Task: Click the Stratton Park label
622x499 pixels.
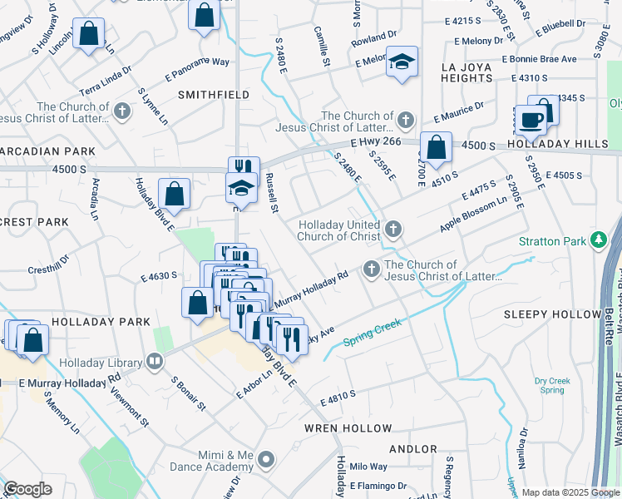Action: (552, 241)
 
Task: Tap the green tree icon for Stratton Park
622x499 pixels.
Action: (597, 241)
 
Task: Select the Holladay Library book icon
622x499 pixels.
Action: (154, 361)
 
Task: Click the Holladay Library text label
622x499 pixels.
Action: (101, 362)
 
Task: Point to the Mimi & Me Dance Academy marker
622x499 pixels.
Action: (266, 459)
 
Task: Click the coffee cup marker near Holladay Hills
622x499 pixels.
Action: (531, 120)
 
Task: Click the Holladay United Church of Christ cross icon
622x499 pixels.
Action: (392, 229)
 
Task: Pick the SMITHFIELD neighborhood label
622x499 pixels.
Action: (214, 95)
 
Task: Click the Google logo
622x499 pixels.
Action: (27, 489)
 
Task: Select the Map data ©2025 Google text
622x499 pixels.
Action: (570, 492)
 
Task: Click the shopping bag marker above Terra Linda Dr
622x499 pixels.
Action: (89, 35)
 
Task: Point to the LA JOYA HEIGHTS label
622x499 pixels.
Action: (456, 72)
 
